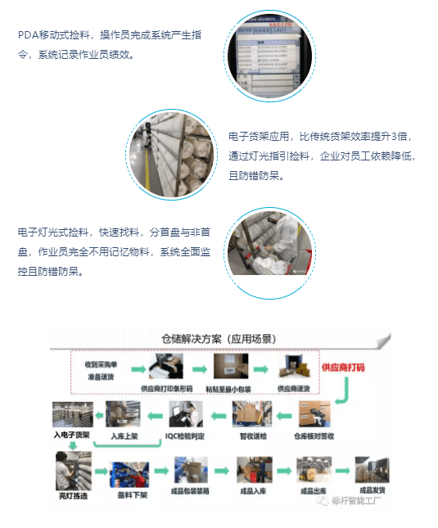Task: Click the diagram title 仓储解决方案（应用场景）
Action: coord(217,336)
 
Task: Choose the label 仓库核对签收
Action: coord(315,435)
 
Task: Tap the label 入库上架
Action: coord(122,435)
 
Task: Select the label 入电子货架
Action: coord(70,435)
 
